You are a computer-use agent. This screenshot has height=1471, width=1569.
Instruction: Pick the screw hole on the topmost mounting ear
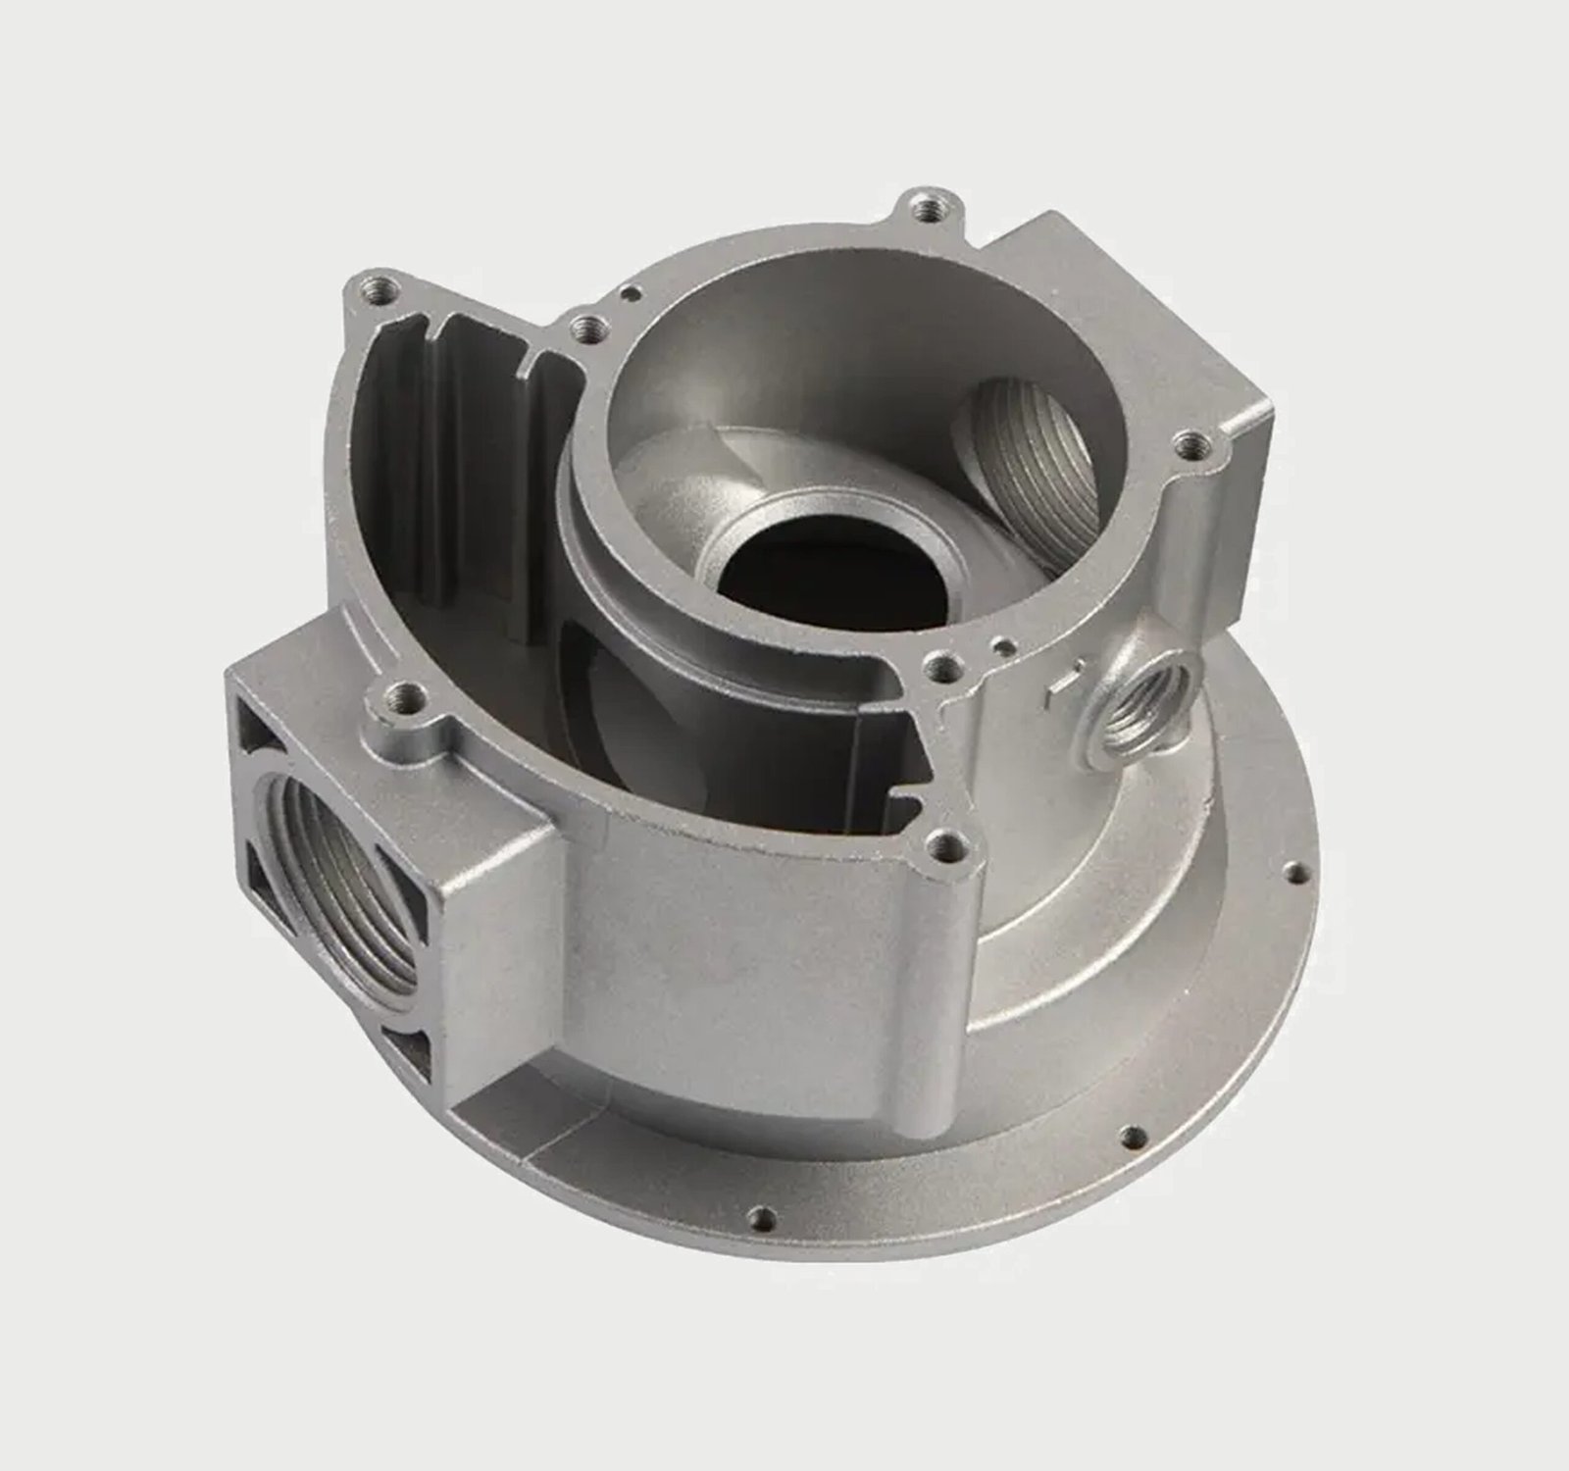coord(924,208)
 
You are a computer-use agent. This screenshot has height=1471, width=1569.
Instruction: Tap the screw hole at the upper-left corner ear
coord(377,290)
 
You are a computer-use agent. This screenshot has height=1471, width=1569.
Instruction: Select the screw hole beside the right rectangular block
coord(1189,446)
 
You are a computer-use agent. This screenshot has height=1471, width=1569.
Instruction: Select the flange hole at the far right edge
coord(1296,871)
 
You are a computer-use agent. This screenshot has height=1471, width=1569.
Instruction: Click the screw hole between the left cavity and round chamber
coord(586,328)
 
